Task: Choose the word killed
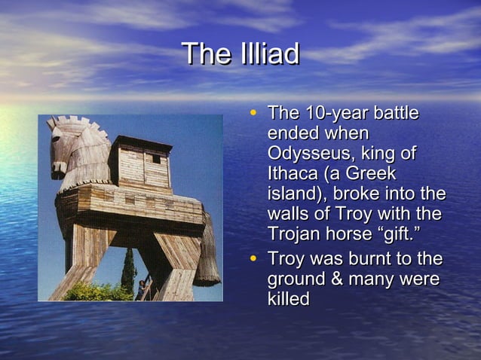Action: coord(289,298)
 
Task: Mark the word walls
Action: coord(288,213)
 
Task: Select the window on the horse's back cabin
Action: coord(155,159)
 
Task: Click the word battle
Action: coord(393,114)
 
